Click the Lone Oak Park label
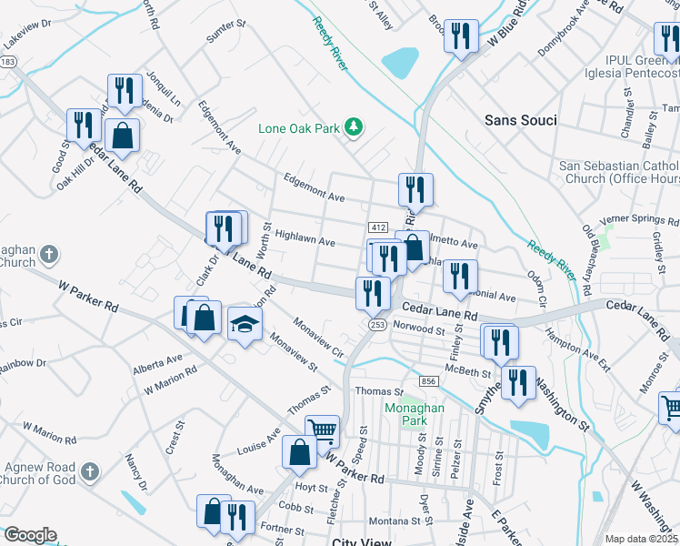(298, 128)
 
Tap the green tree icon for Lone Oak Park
(355, 128)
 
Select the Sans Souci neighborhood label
(520, 120)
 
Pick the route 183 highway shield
(8, 61)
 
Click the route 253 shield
(375, 324)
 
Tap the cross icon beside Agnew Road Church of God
(88, 472)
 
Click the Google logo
(30, 535)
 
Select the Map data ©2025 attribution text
(641, 539)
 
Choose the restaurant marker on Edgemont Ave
(415, 189)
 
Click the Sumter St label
(227, 35)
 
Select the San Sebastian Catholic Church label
(618, 172)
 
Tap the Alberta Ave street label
(157, 365)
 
